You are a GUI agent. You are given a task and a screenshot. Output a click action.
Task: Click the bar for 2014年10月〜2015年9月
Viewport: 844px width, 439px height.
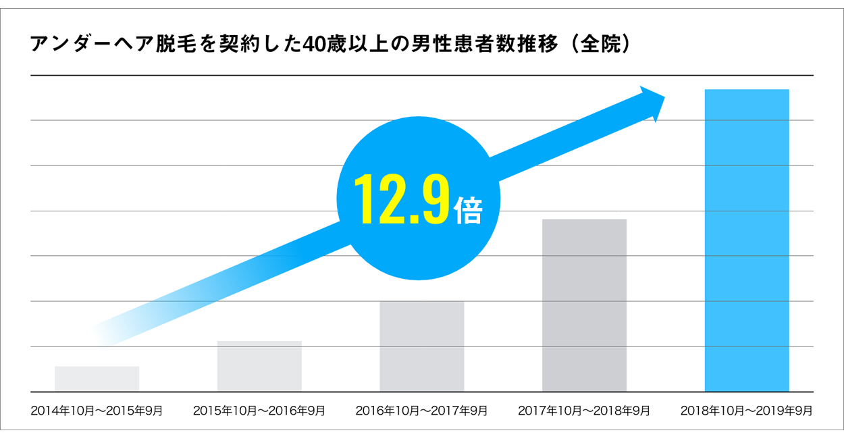97,379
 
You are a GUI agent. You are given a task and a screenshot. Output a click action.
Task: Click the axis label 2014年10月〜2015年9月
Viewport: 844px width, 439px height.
97,410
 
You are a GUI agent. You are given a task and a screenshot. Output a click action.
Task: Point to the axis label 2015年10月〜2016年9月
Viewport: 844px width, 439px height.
259,410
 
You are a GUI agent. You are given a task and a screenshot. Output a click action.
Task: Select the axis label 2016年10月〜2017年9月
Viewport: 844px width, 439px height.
421,410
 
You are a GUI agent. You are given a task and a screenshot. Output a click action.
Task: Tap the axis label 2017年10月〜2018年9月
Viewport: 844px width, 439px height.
584,410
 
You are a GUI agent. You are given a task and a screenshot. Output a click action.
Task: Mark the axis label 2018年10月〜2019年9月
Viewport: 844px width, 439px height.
746,410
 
